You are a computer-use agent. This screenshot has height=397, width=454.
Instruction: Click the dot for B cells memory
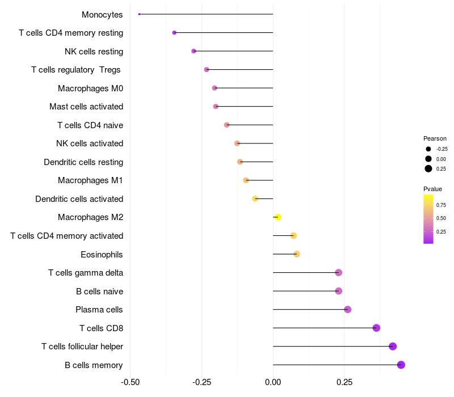point(401,365)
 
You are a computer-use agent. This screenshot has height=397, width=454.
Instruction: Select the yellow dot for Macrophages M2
point(278,217)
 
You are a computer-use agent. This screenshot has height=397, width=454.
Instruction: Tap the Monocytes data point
point(139,14)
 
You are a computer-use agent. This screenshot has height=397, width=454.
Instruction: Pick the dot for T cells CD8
point(376,328)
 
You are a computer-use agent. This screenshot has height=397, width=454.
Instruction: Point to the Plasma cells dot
point(348,309)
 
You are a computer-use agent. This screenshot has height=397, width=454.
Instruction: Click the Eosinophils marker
point(297,254)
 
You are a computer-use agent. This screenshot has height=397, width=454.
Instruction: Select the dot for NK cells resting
point(194,51)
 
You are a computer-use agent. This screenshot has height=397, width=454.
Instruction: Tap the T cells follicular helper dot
point(393,347)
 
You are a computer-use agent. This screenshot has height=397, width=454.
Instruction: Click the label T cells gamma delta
point(86,273)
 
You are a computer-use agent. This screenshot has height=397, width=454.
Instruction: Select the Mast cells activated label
point(86,107)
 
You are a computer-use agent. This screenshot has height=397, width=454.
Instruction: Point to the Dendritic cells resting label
point(83,162)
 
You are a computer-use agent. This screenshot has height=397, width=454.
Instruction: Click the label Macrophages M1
point(90,180)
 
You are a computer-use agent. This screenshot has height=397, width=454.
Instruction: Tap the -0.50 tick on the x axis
point(131,382)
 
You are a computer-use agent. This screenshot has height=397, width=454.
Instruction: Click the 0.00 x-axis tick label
point(273,382)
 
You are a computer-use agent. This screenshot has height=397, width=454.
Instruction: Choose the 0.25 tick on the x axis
point(344,382)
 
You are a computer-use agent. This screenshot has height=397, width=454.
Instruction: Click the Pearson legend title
point(435,138)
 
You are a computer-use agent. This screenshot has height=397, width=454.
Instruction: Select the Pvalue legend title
point(432,189)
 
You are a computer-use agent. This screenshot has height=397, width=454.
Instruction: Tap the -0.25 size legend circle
point(428,149)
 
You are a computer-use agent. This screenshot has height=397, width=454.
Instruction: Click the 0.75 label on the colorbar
point(441,205)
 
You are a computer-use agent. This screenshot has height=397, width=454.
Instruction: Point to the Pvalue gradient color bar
point(428,219)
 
